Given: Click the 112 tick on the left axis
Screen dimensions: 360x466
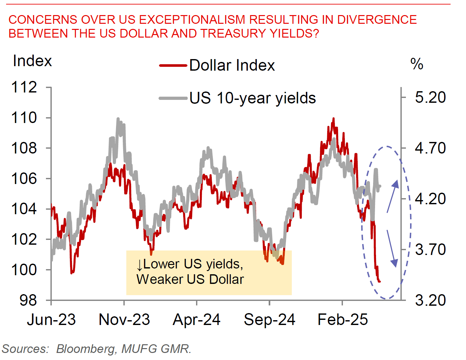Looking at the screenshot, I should tap(24, 87).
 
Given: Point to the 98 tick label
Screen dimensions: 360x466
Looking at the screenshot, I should tap(28, 300).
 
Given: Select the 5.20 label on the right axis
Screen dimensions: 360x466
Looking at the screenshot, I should tap(430, 97).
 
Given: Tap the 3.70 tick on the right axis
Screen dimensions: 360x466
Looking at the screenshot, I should tap(430, 250).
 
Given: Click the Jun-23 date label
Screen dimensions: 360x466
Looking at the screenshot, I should tap(51, 320).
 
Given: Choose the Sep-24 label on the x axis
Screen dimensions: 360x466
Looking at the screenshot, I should tap(269, 320).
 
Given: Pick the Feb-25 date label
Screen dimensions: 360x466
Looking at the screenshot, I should tap(343, 320).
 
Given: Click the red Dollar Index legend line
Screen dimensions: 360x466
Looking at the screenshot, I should tap(173, 66).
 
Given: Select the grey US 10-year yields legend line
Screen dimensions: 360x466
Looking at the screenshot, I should tap(173, 98).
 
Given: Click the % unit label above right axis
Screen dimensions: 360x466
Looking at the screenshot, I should tap(417, 64).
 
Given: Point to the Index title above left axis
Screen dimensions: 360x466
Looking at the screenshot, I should tap(32, 61).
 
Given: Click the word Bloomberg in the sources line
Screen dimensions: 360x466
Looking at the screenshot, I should tap(85, 349).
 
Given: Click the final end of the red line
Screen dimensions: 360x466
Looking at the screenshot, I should tap(380, 282).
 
